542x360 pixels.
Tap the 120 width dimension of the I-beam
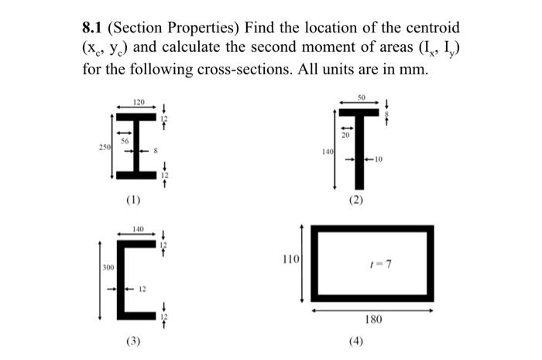pos(139,101)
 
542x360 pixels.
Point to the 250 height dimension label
pos(102,145)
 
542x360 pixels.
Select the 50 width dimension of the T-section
pos(360,98)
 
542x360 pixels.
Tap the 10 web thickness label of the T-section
pos(379,160)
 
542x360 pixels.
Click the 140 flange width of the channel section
pos(139,229)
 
